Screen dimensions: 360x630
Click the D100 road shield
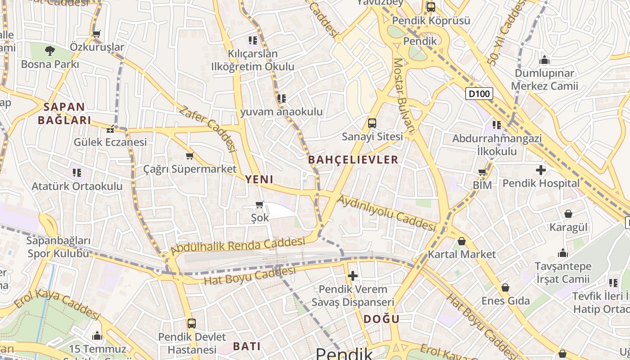click(479, 94)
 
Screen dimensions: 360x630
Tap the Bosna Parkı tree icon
click(50, 51)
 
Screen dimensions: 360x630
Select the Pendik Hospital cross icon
click(541, 170)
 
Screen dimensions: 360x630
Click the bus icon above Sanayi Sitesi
click(372, 123)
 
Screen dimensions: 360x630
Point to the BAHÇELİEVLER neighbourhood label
click(353, 159)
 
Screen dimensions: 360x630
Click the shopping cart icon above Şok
click(260, 205)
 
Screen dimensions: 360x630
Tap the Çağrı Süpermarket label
click(190, 169)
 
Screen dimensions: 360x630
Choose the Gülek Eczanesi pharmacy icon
click(110, 130)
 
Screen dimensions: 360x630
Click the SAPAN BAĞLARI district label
click(64, 113)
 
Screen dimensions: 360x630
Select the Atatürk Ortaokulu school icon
click(77, 172)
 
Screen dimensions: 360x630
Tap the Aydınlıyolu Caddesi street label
click(387, 213)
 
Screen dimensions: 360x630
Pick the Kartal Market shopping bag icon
click(462, 242)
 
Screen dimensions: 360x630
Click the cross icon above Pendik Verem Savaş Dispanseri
click(353, 275)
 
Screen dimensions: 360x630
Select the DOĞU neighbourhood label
click(381, 319)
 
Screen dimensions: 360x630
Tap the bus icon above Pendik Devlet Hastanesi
click(192, 324)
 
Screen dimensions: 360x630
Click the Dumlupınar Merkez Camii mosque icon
click(544, 60)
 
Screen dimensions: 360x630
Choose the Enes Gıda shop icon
click(505, 288)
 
